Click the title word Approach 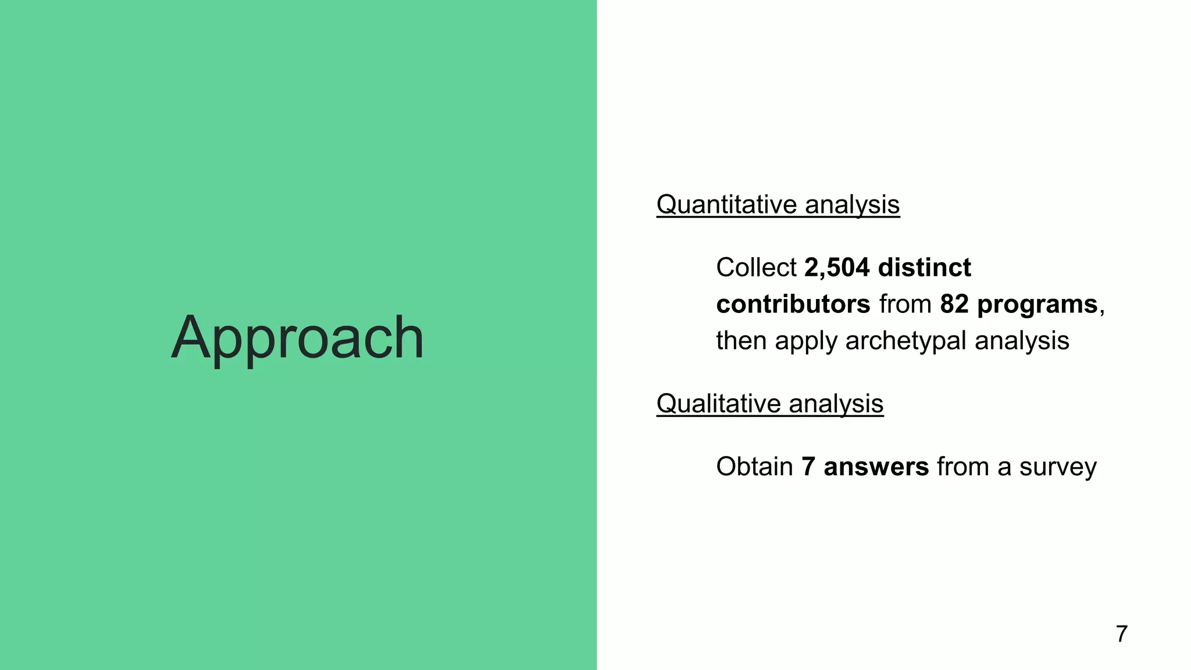[297, 338]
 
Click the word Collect [756, 268]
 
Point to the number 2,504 [837, 268]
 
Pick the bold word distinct [925, 268]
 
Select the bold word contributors [793, 304]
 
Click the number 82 [954, 304]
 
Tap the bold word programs [1037, 304]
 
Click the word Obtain [754, 467]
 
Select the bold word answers [876, 467]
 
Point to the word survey [1058, 467]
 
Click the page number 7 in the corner [1122, 634]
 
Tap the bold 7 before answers [808, 467]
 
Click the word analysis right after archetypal [1022, 341]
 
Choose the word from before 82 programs [905, 304]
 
